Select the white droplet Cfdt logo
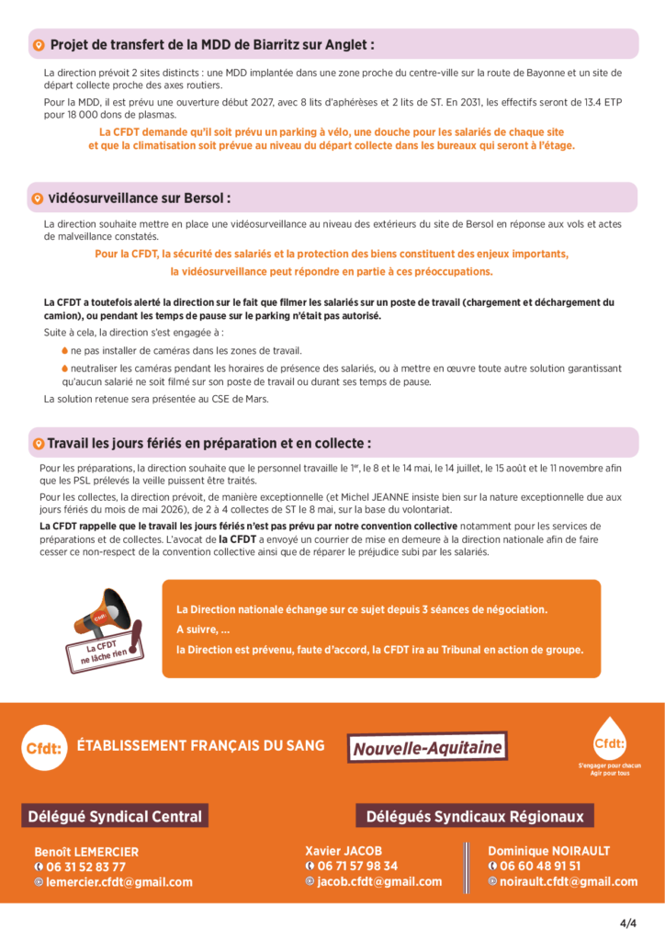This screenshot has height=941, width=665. tap(609, 739)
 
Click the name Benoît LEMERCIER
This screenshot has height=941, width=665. tap(86, 851)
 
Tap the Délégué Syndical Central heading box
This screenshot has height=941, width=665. tap(113, 816)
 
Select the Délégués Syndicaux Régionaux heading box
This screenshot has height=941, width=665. tap(475, 816)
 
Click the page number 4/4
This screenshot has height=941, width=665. tap(628, 923)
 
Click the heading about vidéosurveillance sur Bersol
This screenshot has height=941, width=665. tap(140, 198)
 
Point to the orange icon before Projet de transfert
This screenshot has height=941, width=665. tap(39, 45)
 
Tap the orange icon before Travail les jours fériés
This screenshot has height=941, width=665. tap(38, 444)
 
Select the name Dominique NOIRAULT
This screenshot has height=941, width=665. tap(548, 851)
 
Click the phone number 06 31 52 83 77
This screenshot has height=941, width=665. tap(86, 867)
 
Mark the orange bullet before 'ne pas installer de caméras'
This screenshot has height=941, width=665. tap(64, 351)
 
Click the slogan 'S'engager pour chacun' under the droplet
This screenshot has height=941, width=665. tap(609, 765)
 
